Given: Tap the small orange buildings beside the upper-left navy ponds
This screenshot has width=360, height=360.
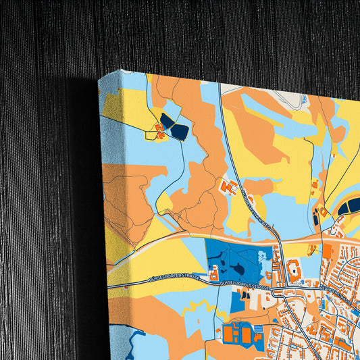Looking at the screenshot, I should point(161,131).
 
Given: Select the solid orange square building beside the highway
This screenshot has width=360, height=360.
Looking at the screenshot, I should point(328,251).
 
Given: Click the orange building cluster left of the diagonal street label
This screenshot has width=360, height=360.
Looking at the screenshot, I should point(228,188).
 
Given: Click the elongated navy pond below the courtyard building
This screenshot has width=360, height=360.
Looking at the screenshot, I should point(316,222).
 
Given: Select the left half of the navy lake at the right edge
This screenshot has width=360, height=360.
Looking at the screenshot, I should point(346,205).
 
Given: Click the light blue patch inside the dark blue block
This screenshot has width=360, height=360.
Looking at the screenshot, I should point(261,257).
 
